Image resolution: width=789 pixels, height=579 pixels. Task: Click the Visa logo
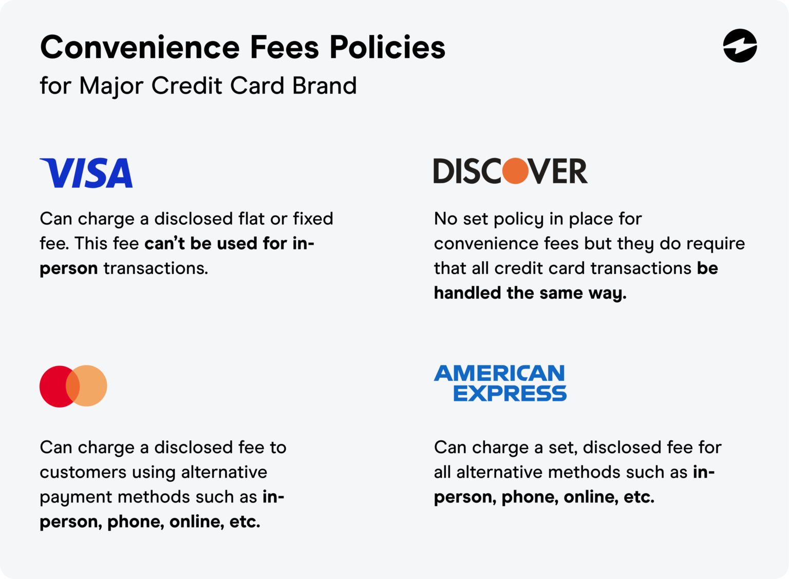(86, 173)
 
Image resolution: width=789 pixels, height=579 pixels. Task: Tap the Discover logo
(510, 171)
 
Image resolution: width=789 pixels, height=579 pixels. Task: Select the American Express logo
(500, 383)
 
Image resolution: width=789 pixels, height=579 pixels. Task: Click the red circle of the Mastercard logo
(54, 386)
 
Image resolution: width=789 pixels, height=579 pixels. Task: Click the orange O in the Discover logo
(515, 171)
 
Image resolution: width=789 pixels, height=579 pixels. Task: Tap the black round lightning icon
(740, 46)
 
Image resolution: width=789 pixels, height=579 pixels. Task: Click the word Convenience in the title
(140, 47)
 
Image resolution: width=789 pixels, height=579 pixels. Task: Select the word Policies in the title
(387, 47)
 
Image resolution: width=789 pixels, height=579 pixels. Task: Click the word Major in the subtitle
(111, 86)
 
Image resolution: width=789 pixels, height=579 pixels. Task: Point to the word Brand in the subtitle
(324, 86)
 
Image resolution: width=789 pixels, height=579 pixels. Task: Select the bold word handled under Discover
(467, 293)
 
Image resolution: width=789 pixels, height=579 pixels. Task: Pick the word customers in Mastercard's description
(83, 472)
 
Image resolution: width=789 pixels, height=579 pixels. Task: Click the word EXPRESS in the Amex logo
(510, 394)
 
